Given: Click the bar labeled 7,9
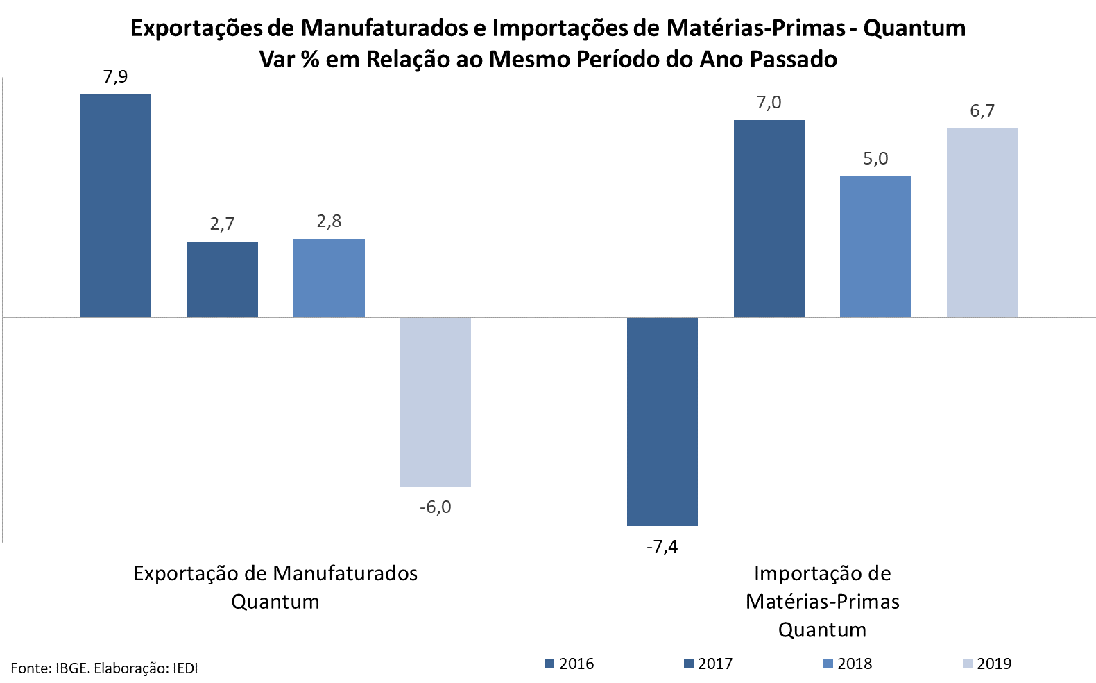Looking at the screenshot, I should [x=115, y=205].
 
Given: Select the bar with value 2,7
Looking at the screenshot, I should [x=222, y=279].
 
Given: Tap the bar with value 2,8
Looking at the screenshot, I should [x=329, y=278].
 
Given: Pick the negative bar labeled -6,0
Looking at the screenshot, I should [x=436, y=401].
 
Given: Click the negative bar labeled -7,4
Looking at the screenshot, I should [x=662, y=421].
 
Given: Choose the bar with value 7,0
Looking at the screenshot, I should [x=769, y=219].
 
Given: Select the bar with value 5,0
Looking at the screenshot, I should [x=875, y=246].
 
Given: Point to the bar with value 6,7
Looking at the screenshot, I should [x=982, y=222].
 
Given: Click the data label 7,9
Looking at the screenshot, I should [x=115, y=77].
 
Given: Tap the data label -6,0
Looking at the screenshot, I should [x=436, y=507].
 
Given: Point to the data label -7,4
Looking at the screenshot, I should [x=662, y=547].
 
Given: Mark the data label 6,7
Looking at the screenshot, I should [x=982, y=111].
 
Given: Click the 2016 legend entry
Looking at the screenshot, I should [x=570, y=664].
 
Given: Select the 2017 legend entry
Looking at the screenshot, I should [x=708, y=664].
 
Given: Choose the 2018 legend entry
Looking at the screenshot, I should [x=848, y=664].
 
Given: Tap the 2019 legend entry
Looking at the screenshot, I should [x=987, y=664].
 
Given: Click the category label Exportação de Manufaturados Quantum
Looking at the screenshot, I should [x=275, y=587].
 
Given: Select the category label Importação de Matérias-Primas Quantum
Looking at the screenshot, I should [x=823, y=601].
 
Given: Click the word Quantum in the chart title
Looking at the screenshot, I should [x=914, y=28].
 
